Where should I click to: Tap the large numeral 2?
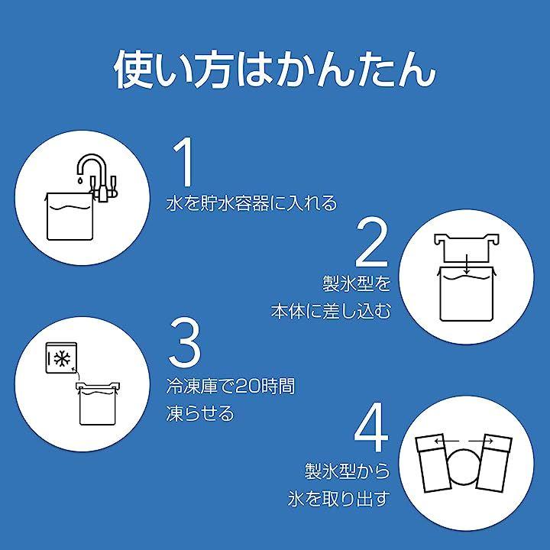tap(372, 242)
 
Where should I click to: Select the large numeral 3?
tap(185, 342)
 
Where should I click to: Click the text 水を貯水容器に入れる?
tap(251, 203)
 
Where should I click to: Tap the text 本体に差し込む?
tap(331, 311)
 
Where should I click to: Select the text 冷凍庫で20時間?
tap(231, 386)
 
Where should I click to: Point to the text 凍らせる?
tap(200, 412)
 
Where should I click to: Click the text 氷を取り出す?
tap(338, 498)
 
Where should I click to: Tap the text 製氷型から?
tap(348, 471)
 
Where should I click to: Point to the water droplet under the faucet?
tap(80, 180)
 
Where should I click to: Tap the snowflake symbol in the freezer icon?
tap(62, 358)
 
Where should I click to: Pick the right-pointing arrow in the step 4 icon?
tap(481, 442)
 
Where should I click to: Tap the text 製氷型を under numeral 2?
tap(357, 283)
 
